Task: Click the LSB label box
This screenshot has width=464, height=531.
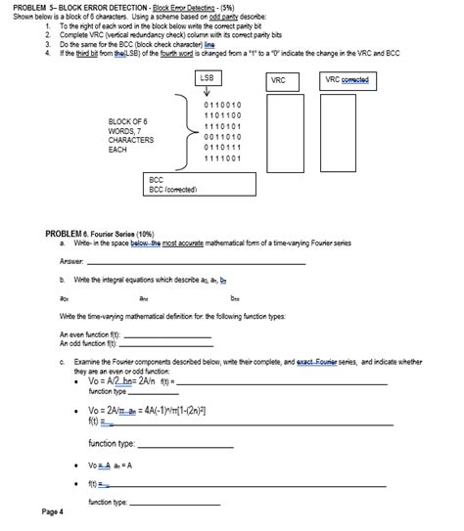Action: (206, 77)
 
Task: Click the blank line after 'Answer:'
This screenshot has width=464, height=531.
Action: (196, 263)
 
